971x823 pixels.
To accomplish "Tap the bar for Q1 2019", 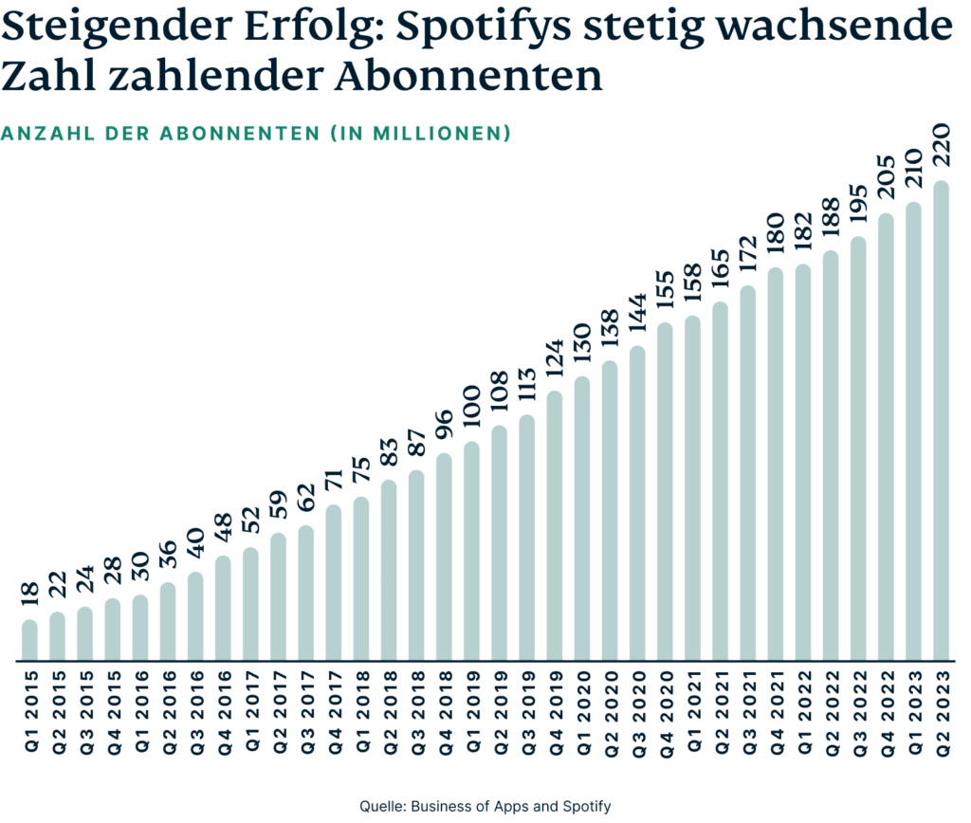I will tap(471, 550).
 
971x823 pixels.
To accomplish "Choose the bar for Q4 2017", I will tap(333, 582).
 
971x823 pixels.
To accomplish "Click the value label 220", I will tap(942, 148).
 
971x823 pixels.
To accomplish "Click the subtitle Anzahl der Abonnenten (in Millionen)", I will tap(256, 134).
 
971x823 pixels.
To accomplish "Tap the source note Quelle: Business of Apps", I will tap(485, 806).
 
